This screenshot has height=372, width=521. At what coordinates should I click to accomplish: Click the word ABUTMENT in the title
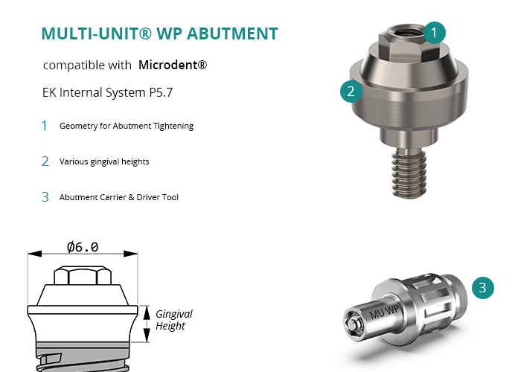pos(232,33)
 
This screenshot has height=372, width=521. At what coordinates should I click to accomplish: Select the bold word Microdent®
pos(173,65)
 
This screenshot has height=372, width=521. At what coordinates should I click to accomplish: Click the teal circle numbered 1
pos(434,33)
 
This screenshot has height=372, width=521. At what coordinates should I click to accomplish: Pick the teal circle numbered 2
pos(351,92)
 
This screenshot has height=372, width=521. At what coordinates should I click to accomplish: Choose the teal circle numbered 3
pos(483,288)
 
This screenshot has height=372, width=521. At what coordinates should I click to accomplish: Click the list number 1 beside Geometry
pos(44,126)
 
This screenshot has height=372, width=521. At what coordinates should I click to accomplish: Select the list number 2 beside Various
pos(45,161)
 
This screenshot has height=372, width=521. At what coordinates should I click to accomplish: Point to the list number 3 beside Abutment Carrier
pos(45,197)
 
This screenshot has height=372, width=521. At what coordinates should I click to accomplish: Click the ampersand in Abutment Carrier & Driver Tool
pos(131,197)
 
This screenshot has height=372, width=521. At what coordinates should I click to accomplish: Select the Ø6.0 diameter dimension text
pos(83,247)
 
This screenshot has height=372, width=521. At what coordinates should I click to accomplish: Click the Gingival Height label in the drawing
pos(173,319)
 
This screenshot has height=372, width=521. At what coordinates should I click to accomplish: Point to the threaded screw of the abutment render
pos(409,173)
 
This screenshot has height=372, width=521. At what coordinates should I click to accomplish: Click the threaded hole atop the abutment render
pos(408,32)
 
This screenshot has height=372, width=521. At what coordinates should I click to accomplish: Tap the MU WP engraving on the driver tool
pos(384,312)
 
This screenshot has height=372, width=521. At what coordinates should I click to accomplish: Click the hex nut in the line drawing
pos(83,275)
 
